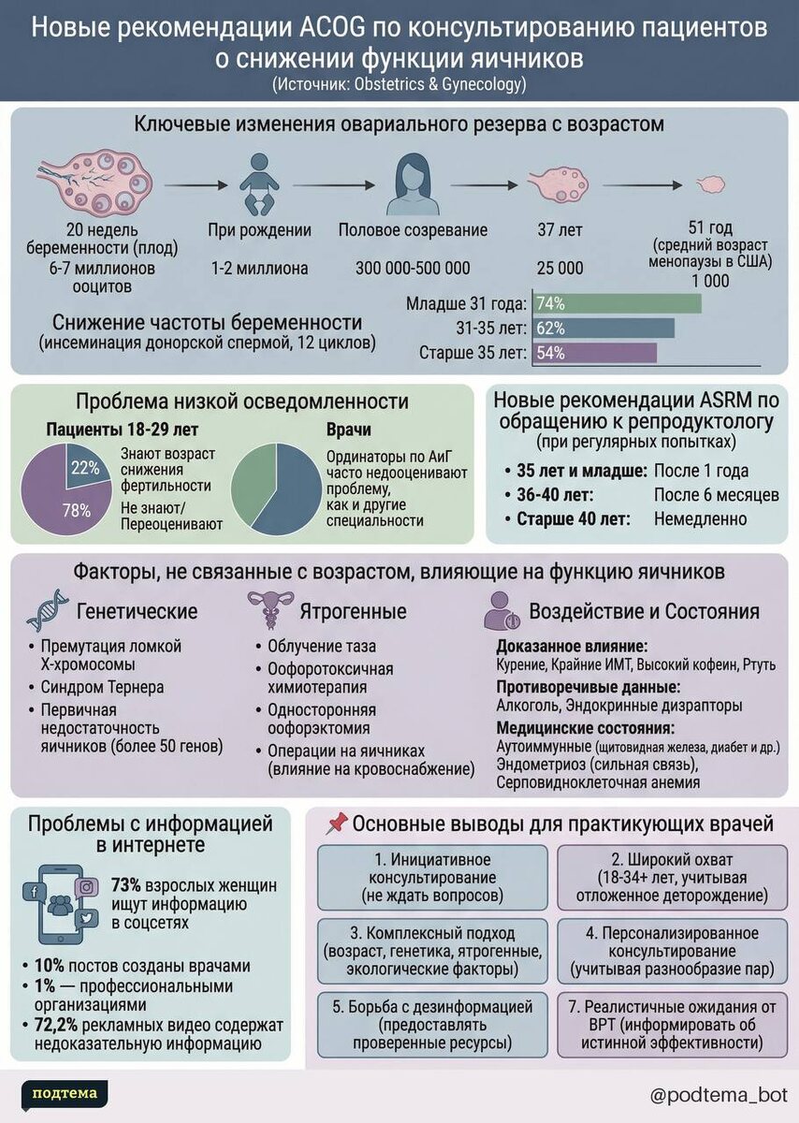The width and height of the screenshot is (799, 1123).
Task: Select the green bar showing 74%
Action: [617, 303]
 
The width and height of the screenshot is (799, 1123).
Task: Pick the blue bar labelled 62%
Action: [603, 328]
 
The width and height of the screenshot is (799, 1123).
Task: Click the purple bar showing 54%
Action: [594, 354]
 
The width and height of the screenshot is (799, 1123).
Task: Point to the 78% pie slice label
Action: [78, 510]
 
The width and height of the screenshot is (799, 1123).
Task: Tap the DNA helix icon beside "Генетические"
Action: [47, 610]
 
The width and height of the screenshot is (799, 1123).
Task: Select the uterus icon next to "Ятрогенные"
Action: [271, 610]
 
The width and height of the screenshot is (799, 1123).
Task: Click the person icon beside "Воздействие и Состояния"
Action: [501, 611]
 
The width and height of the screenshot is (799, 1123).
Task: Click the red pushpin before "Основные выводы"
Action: [337, 824]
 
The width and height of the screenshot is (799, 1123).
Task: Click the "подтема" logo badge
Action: [65, 1092]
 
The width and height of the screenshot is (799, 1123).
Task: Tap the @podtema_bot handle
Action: [719, 1094]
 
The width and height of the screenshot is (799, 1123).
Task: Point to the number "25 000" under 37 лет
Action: [559, 269]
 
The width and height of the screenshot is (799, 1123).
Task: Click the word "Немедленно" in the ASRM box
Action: [700, 518]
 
